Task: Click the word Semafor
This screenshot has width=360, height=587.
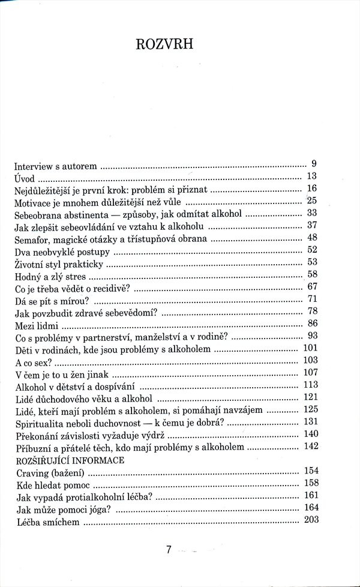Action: tap(32, 238)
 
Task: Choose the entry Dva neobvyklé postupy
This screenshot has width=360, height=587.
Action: tap(63, 251)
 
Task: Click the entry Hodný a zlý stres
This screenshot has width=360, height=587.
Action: tap(50, 276)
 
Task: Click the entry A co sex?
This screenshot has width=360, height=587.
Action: tap(34, 363)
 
